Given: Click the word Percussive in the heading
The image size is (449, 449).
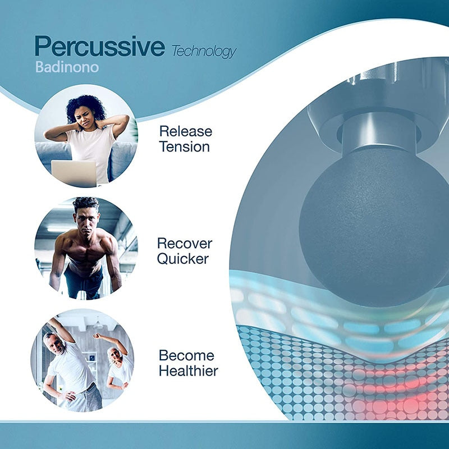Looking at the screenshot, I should coord(99,47).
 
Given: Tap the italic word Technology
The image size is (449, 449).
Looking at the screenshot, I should coord(204,52).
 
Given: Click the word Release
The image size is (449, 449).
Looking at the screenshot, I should coord(186,131).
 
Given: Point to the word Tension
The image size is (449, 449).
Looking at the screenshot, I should coord(185,147).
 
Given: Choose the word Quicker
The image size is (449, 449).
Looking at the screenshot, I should coord(183,259).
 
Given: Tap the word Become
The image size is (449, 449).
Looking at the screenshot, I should coord(186,355).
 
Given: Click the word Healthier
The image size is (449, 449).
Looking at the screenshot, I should coord(188,371).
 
